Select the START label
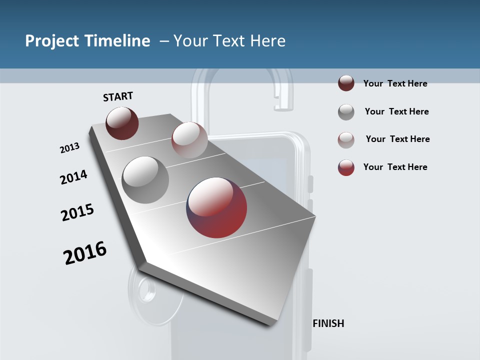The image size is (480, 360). pyautogui.click(x=118, y=96)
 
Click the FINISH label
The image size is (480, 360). pyautogui.click(x=328, y=323)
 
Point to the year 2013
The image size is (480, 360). pyautogui.click(x=69, y=148)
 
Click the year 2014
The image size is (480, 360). pyautogui.click(x=73, y=177)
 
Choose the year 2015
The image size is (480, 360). pyautogui.click(x=77, y=212)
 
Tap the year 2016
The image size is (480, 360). pyautogui.click(x=85, y=253)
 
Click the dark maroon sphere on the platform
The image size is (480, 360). pyautogui.click(x=122, y=123)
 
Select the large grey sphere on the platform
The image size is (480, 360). pyautogui.click(x=145, y=179)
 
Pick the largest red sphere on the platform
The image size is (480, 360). pyautogui.click(x=216, y=207)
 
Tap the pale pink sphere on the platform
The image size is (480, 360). pyautogui.click(x=189, y=140)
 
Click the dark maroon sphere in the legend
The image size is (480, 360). pyautogui.click(x=346, y=83)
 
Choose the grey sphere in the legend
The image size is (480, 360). pyautogui.click(x=346, y=112)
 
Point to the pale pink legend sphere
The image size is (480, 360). pyautogui.click(x=346, y=140)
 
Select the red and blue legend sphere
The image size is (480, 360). pyautogui.click(x=346, y=167)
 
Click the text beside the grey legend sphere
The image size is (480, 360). pyautogui.click(x=396, y=111)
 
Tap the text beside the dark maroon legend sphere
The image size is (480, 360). pyautogui.click(x=395, y=83)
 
